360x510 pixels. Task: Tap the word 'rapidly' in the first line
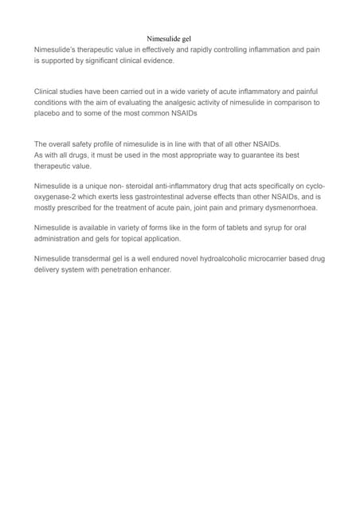[206, 49]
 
